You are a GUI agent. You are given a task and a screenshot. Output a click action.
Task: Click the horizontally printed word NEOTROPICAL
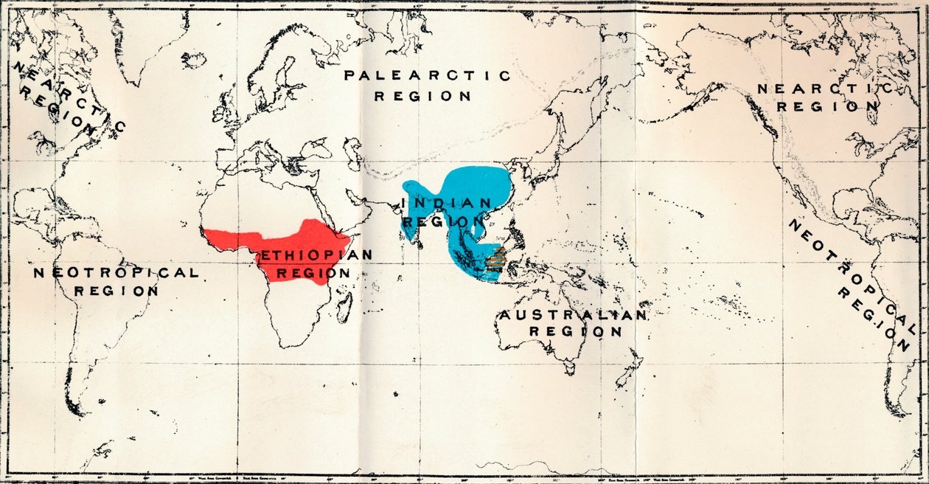pyautogui.click(x=116, y=273)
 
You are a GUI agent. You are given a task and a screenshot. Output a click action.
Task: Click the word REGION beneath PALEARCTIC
pyautogui.click(x=422, y=96)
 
